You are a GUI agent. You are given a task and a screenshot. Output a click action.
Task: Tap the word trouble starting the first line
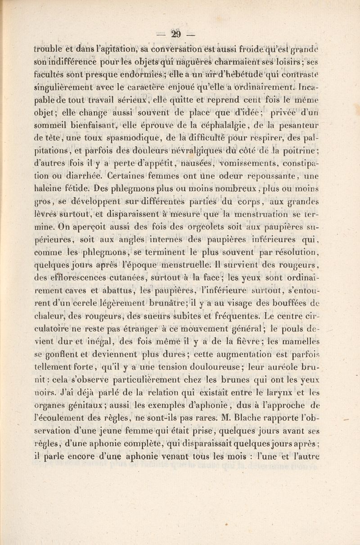click(x=50, y=48)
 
